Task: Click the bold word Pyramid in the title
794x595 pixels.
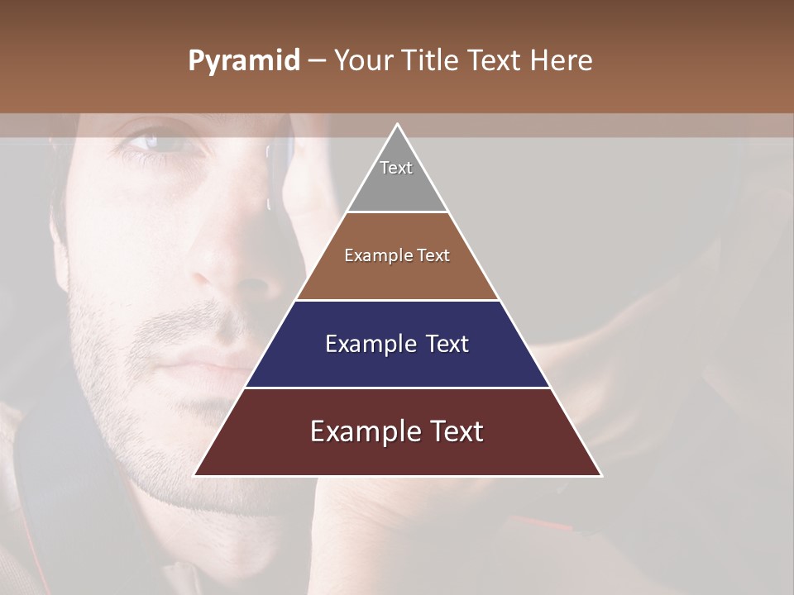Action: pyautogui.click(x=243, y=61)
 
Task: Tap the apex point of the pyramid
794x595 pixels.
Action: pyautogui.click(x=397, y=125)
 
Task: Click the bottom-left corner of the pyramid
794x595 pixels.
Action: pyautogui.click(x=195, y=475)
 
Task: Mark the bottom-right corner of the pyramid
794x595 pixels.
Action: pyautogui.click(x=600, y=475)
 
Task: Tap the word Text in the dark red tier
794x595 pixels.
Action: pyautogui.click(x=451, y=431)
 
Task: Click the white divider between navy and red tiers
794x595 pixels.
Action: pyautogui.click(x=397, y=388)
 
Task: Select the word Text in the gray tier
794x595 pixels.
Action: pyautogui.click(x=396, y=168)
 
